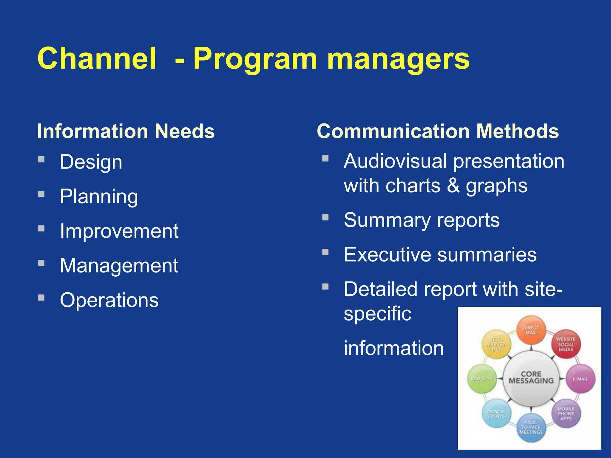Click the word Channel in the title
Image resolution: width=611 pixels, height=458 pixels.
(97, 59)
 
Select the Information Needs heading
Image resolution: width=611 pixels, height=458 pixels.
(126, 131)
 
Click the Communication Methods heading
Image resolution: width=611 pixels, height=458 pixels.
(438, 131)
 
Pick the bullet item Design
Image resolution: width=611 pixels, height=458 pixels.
(91, 162)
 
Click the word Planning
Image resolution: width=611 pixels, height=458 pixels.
(99, 197)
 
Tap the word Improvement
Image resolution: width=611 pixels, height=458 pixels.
(119, 231)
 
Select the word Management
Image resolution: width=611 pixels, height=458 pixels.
(119, 266)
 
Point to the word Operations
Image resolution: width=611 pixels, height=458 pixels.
(109, 300)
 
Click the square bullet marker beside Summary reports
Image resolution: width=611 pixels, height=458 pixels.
(325, 218)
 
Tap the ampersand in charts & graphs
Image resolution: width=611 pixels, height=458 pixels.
(453, 186)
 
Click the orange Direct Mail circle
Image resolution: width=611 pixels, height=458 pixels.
(531, 330)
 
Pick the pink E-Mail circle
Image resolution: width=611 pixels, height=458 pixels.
(581, 379)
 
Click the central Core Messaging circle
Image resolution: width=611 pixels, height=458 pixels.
(531, 378)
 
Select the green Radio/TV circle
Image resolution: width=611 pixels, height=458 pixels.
(482, 379)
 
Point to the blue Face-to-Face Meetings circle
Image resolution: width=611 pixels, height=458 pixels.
(531, 427)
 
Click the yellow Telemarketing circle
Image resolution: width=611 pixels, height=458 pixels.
(496, 344)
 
